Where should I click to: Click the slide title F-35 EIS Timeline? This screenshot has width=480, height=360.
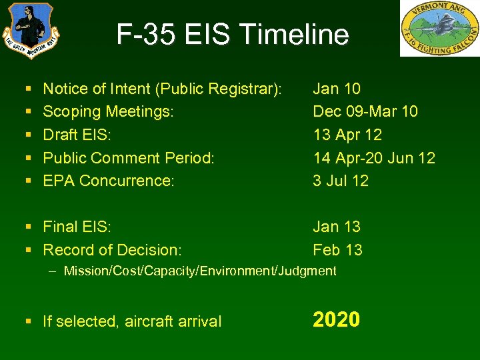point(232,35)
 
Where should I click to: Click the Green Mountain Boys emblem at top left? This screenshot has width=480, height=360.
point(30,31)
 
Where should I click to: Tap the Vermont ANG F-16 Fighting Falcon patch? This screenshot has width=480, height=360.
point(439,29)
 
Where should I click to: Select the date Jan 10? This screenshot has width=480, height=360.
point(337,89)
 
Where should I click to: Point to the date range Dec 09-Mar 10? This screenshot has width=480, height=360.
point(365,111)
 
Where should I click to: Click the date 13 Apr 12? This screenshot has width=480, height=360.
point(347,135)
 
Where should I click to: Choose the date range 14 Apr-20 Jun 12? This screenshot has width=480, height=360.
point(374,158)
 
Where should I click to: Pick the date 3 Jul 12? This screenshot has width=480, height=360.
point(341,181)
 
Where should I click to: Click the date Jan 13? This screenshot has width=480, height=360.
point(337,227)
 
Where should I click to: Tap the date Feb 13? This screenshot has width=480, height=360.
point(337,250)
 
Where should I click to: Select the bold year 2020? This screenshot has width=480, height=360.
point(336,320)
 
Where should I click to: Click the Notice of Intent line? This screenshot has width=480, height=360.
point(162,89)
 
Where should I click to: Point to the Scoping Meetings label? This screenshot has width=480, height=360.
point(108,111)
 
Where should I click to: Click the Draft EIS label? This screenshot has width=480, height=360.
point(77,135)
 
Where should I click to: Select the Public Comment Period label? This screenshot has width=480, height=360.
point(129,158)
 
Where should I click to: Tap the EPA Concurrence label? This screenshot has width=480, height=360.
point(108,181)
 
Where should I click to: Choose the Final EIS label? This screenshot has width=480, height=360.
point(77,227)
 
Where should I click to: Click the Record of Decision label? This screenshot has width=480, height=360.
point(112,250)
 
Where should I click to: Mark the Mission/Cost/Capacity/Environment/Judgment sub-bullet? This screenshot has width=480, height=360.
point(199,271)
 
